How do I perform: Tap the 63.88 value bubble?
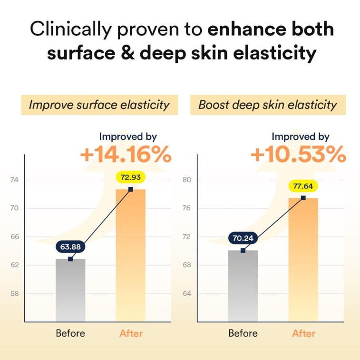point(70,247)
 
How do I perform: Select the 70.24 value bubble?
point(243,239)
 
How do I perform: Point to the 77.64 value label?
point(303,186)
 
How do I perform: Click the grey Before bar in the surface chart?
point(70,290)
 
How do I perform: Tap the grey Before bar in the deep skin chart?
point(243,286)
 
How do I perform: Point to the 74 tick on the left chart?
point(15,180)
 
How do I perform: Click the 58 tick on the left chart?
point(15,293)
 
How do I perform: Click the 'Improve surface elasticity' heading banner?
point(99,105)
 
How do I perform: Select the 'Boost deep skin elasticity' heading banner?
point(268,105)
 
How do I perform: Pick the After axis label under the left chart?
point(131,333)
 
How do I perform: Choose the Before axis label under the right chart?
point(243,333)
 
